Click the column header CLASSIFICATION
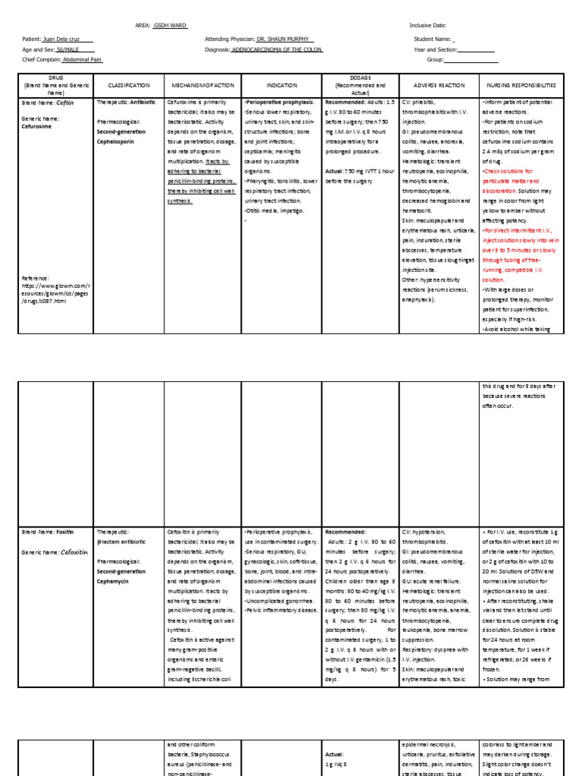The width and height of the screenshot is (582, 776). (130, 86)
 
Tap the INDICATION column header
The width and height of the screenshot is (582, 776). (281, 86)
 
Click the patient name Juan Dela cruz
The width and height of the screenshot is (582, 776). (67, 39)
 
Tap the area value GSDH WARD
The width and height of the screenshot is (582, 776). (170, 25)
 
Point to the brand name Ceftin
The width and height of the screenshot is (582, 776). (64, 102)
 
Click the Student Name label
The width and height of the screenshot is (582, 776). (433, 39)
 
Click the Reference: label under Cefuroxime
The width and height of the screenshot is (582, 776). (36, 278)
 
